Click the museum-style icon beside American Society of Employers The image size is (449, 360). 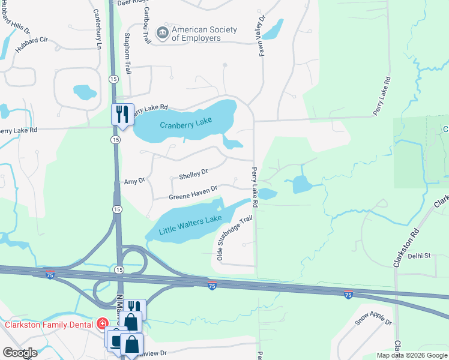(x=162, y=34)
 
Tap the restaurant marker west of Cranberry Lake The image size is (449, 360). (x=122, y=114)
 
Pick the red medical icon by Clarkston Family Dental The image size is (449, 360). (x=102, y=324)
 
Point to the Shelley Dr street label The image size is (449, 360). (x=193, y=174)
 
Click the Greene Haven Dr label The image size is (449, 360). (x=192, y=196)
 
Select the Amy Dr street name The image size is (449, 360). (x=134, y=181)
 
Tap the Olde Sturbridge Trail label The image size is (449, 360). (x=234, y=238)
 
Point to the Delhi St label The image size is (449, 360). (x=420, y=256)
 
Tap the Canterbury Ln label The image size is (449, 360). (x=97, y=29)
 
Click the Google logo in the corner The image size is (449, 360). (x=19, y=352)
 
